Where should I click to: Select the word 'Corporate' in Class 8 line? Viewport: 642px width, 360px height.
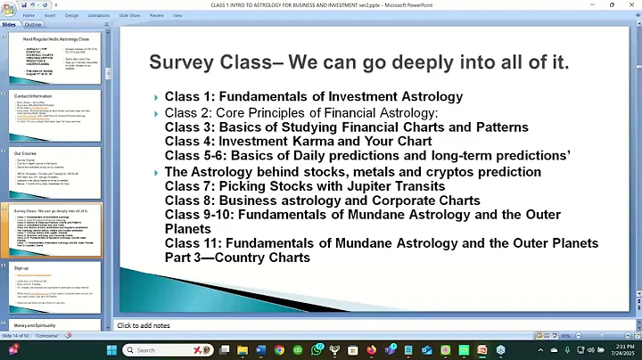coord(401,200)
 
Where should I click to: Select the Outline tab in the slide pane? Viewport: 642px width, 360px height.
coord(32,25)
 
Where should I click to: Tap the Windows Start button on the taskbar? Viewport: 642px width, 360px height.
coord(111,350)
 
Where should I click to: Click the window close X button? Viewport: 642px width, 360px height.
coord(631,4)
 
